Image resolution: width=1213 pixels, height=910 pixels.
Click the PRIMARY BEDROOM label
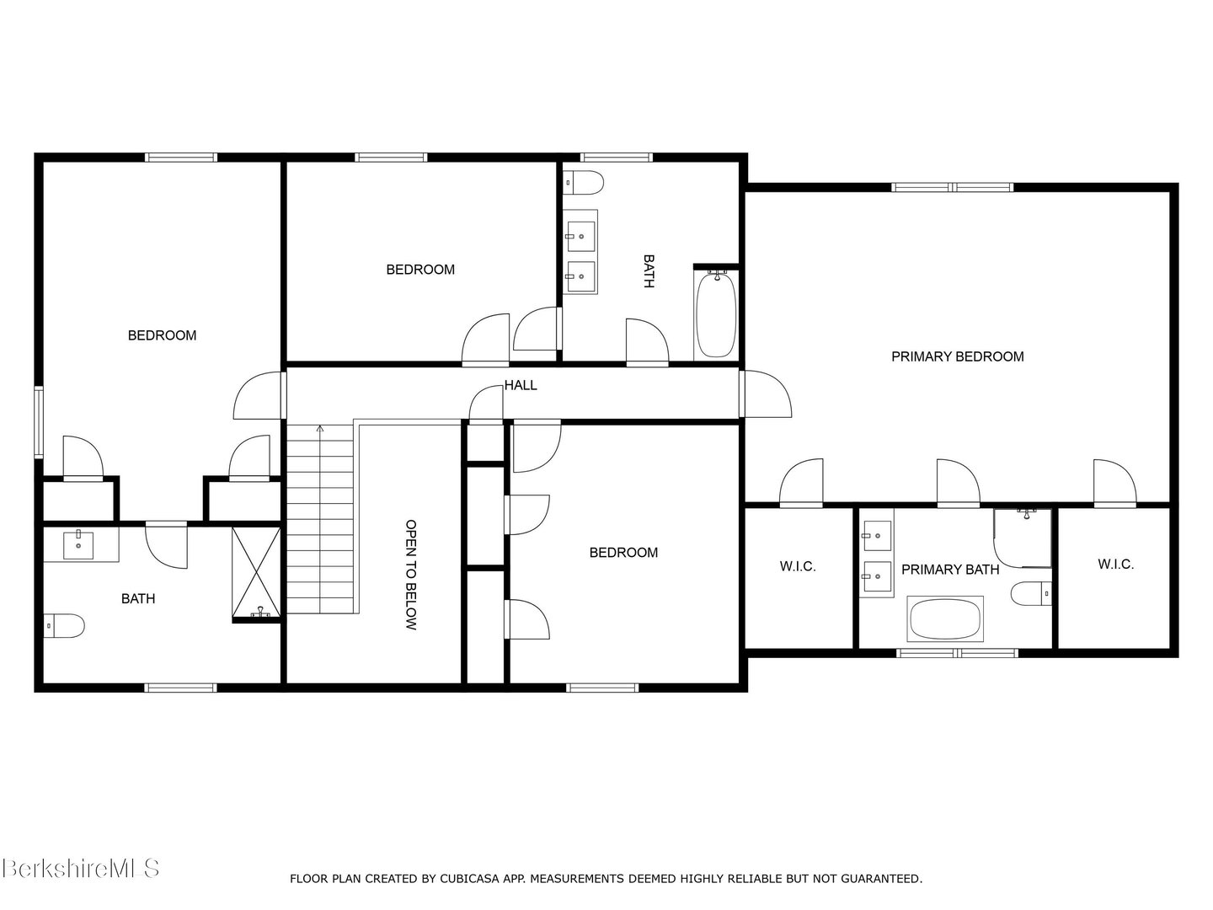pyautogui.click(x=957, y=356)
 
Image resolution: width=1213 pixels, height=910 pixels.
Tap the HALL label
pyautogui.click(x=521, y=385)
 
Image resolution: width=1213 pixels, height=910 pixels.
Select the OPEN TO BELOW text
pyautogui.click(x=411, y=575)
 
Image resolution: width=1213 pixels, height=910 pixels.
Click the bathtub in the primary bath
pyautogui.click(x=945, y=619)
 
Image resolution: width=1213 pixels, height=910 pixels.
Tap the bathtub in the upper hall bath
pyautogui.click(x=715, y=313)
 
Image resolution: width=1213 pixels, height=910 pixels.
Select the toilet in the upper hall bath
pyautogui.click(x=584, y=181)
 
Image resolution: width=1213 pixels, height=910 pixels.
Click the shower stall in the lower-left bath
pyautogui.click(x=256, y=573)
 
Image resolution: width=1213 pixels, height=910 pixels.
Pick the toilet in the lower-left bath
pyautogui.click(x=64, y=626)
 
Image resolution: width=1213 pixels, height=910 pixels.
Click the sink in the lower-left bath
pyautogui.click(x=80, y=543)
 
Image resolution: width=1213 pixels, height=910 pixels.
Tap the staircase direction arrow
pyautogui.click(x=319, y=430)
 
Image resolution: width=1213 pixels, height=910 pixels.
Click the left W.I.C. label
pyautogui.click(x=797, y=566)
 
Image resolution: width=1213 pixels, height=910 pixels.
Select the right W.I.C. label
pyautogui.click(x=1115, y=564)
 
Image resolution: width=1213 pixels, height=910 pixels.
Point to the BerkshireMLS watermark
pyautogui.click(x=80, y=868)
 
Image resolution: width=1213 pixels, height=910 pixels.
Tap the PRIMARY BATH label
pyautogui.click(x=950, y=570)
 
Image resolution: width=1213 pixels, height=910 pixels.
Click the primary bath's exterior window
pyautogui.click(x=957, y=652)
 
